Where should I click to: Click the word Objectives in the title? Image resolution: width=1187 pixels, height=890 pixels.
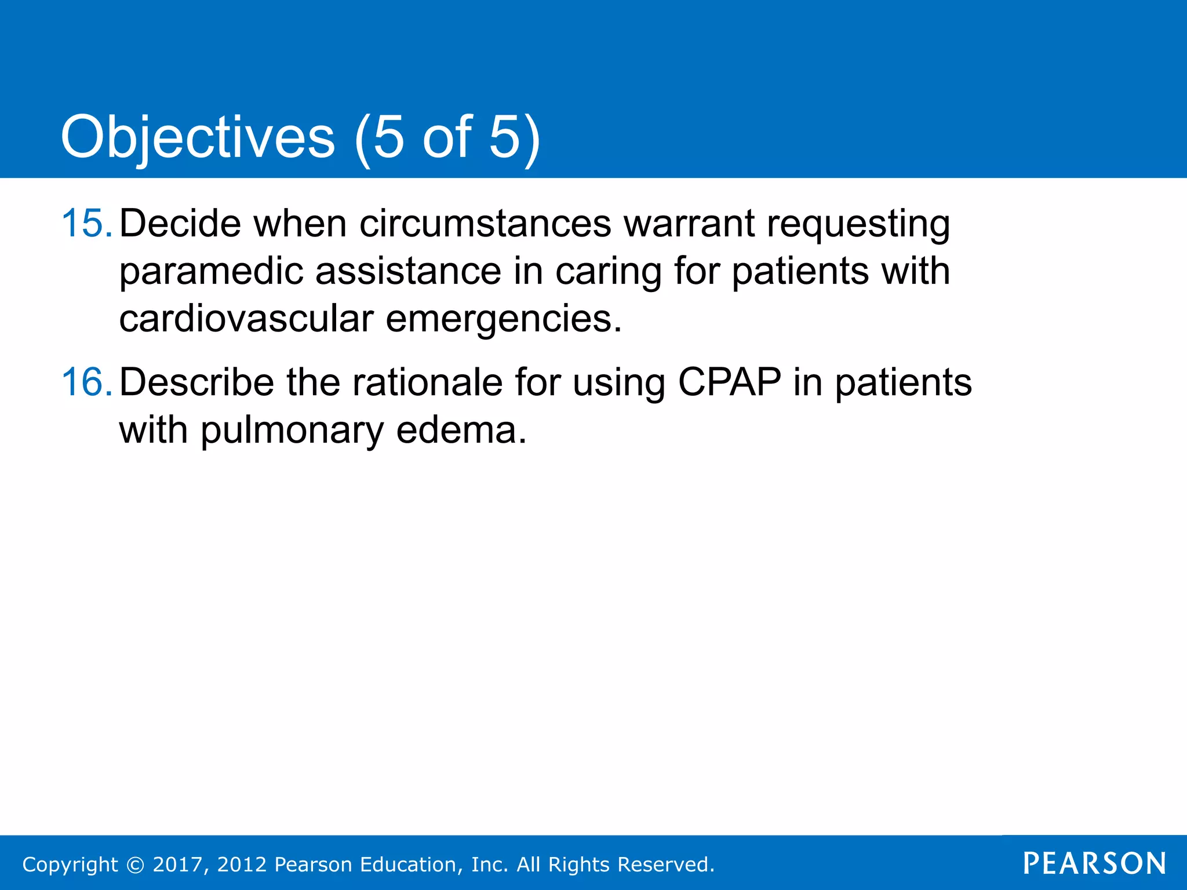(198, 138)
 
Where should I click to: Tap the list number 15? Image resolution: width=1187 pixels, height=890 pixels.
(86, 223)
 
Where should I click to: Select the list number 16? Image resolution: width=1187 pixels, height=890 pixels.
(86, 382)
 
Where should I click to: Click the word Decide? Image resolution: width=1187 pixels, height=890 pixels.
(180, 223)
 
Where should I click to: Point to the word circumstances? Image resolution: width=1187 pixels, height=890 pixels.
(485, 223)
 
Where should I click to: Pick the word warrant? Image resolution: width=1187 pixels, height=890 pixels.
(689, 224)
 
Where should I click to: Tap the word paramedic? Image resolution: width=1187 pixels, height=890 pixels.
(211, 272)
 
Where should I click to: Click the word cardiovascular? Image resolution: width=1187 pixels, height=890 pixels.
(246, 319)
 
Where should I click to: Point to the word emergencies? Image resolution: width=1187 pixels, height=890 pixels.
(503, 320)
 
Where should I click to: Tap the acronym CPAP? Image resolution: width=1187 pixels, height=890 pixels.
(729, 382)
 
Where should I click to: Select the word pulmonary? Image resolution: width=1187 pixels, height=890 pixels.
(292, 431)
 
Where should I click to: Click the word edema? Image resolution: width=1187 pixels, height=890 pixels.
(461, 431)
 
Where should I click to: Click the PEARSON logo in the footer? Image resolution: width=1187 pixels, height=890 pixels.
(1094, 863)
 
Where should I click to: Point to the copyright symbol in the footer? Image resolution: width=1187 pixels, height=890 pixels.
(135, 865)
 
